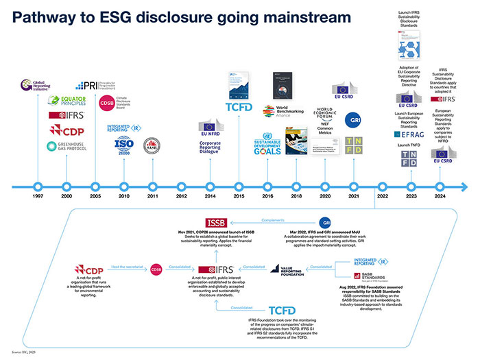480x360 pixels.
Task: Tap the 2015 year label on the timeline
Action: (x=239, y=196)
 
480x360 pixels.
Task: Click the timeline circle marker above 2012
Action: (x=182, y=186)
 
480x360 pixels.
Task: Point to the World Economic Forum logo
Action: (x=324, y=113)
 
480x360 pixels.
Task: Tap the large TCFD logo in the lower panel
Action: (x=283, y=311)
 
